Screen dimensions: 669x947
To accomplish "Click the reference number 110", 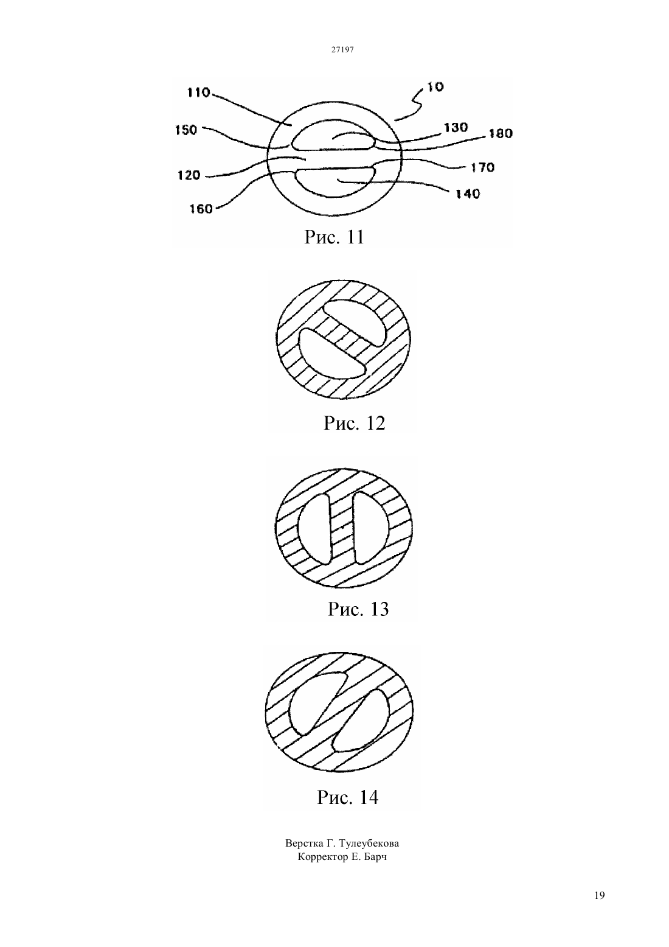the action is click(198, 93).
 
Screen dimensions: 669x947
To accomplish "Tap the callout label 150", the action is click(186, 130).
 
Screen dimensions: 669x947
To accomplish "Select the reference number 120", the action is click(189, 175).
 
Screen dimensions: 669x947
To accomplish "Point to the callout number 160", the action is click(201, 209).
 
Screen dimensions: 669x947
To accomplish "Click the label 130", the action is click(456, 127).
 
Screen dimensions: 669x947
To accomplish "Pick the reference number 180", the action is click(501, 134).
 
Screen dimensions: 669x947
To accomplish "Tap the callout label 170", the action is click(483, 168).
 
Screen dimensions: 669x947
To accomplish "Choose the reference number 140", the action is click(468, 194).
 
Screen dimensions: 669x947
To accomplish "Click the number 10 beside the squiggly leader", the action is click(435, 87).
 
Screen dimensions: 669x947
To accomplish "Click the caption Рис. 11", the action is click(334, 237).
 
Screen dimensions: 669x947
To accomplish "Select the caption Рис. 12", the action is click(355, 423).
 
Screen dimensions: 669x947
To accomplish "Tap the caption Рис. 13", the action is click(358, 609).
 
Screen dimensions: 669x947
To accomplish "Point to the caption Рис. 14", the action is click(348, 797).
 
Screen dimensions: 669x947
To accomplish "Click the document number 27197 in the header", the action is click(342, 49).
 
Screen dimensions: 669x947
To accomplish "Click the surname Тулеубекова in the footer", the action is click(368, 844).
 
